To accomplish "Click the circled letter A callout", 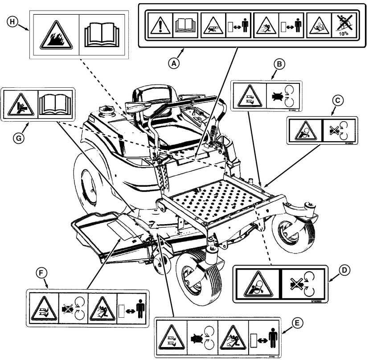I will point(175,63).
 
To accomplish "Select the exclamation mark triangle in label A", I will point(158,25).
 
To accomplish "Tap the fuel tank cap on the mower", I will point(106,108).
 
